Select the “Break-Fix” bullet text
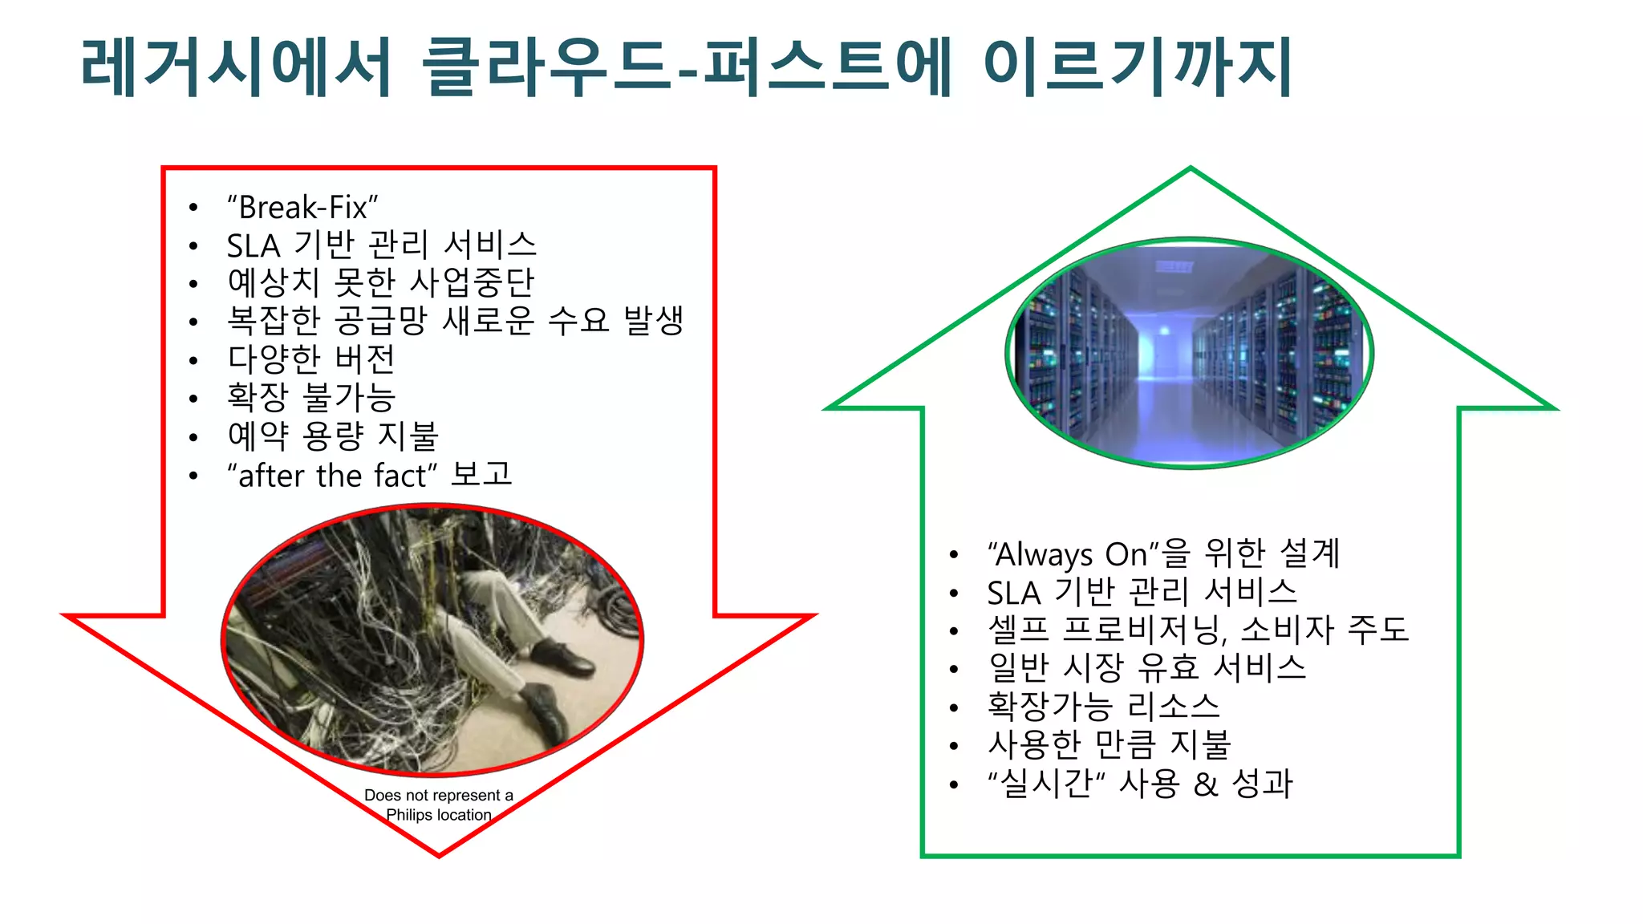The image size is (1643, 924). [302, 207]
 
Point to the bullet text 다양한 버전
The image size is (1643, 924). [311, 359]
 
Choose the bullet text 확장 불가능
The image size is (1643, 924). [311, 397]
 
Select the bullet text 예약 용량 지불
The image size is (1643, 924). [333, 436]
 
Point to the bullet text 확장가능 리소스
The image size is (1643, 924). [1103, 706]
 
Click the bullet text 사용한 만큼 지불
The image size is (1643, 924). [1109, 744]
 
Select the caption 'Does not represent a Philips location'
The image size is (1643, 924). [439, 805]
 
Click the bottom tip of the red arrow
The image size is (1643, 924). [439, 854]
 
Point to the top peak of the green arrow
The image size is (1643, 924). [1191, 169]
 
